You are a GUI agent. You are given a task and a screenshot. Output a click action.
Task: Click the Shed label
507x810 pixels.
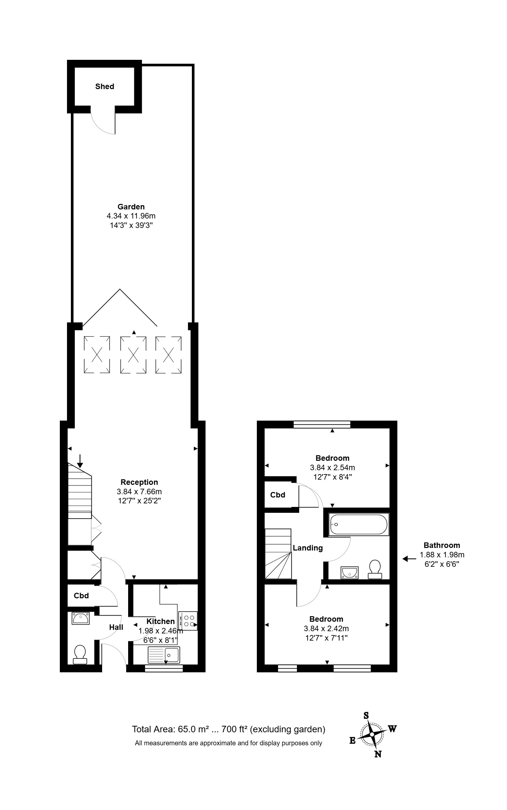coord(105,86)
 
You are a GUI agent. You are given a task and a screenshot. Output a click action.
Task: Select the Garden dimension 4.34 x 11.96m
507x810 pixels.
coord(131,216)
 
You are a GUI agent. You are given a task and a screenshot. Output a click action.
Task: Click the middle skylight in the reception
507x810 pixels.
coord(133,355)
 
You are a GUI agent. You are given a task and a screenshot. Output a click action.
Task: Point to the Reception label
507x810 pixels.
coord(139,482)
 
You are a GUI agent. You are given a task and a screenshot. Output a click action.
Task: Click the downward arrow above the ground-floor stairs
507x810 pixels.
coord(80,461)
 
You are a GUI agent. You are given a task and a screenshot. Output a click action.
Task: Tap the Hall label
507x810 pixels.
coord(116,627)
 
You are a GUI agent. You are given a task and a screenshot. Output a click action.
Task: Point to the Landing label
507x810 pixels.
coord(308,548)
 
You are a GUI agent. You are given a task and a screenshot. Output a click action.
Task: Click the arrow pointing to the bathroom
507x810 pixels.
coord(409,559)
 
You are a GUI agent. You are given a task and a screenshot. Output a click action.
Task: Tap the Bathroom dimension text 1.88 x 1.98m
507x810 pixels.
coord(442,555)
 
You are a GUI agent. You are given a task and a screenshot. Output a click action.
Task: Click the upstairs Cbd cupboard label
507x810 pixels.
coord(278,495)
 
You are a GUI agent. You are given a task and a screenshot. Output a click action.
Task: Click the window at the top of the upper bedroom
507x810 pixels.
coord(322,424)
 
